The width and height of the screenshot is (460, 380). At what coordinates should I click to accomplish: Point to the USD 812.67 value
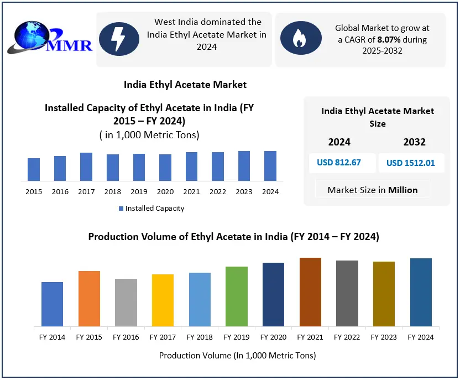point(339,163)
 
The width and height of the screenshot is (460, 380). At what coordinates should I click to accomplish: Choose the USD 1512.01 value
point(411,163)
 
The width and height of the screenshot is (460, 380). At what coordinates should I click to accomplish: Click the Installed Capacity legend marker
point(121,209)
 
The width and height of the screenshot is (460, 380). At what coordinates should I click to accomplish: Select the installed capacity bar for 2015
point(34,170)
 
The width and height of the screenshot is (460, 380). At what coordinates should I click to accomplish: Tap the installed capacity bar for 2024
point(270,166)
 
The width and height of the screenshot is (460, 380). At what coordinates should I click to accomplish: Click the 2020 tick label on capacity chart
point(165,191)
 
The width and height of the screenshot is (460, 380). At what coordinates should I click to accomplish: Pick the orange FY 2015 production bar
point(89,299)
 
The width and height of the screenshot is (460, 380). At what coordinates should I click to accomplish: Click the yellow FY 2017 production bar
point(163,300)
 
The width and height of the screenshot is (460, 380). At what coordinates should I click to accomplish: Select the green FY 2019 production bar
point(237,296)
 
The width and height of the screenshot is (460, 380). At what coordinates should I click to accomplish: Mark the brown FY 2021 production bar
point(310,292)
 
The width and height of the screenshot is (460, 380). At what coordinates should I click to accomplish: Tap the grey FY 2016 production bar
point(126,303)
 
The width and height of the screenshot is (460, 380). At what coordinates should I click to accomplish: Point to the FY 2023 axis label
point(384,337)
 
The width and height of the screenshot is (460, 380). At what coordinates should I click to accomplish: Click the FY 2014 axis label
point(52,337)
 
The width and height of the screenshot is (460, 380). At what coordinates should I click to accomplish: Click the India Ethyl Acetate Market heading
point(185,85)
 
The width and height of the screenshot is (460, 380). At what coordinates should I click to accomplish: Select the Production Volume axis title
point(237,355)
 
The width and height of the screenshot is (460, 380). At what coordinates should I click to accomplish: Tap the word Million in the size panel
point(403,190)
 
